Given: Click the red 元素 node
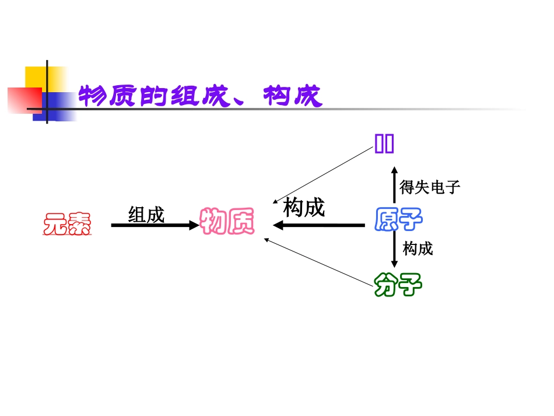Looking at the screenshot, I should [x=67, y=225].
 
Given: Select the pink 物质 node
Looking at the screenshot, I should [x=227, y=222].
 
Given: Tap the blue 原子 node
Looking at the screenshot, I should [x=398, y=219].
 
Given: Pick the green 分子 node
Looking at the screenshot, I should [x=398, y=285].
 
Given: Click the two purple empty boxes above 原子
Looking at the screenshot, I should [x=384, y=143].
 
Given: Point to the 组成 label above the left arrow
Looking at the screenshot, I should [x=146, y=215].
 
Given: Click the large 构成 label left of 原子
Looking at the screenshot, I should [x=303, y=207].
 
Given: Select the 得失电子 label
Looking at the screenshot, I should [x=430, y=187].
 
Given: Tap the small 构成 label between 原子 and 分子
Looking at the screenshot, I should [x=418, y=249].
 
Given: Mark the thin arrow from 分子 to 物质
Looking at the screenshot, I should [x=318, y=262].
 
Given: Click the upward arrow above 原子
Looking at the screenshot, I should [x=394, y=186].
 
